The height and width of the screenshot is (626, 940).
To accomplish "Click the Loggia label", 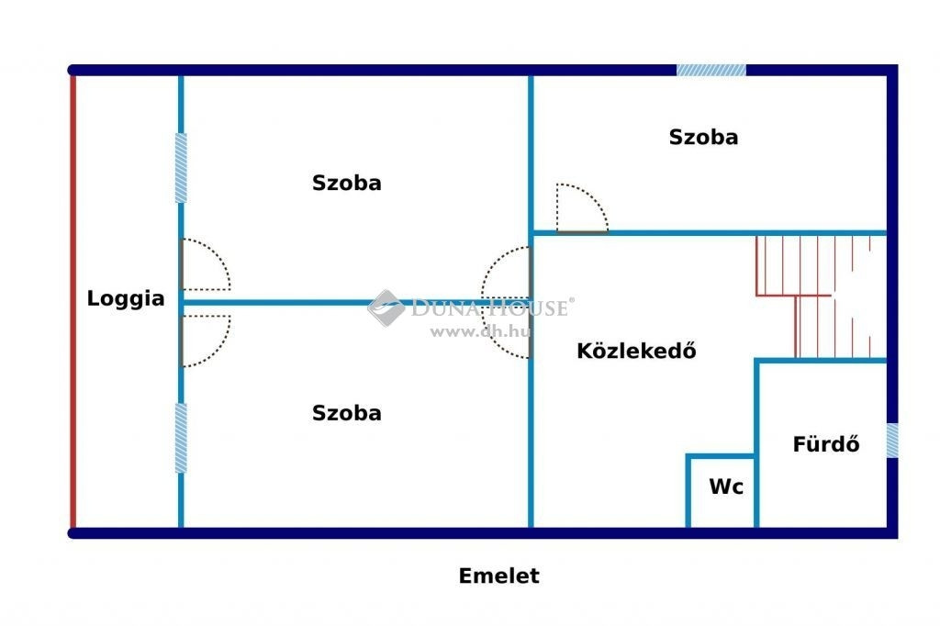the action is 126,298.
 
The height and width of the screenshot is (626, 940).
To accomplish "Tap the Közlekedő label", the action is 636,351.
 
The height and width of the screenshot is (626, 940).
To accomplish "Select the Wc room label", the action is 726,486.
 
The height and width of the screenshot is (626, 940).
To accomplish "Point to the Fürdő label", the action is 826,443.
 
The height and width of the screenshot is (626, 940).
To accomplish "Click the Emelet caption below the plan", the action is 498,576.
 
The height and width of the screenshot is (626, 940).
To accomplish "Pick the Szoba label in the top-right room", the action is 703,137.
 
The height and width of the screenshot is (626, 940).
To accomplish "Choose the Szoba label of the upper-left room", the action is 346,183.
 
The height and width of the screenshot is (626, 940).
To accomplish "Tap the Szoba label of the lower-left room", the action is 346,412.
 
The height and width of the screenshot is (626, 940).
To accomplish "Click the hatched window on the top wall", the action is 711,70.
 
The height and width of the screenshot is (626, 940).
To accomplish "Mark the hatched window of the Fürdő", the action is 892,441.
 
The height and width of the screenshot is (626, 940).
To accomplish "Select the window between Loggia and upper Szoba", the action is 181,168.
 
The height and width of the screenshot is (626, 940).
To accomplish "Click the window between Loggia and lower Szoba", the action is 181,438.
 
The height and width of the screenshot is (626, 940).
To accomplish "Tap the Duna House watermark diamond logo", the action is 386,307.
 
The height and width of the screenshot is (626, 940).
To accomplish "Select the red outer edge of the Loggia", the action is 73,302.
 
